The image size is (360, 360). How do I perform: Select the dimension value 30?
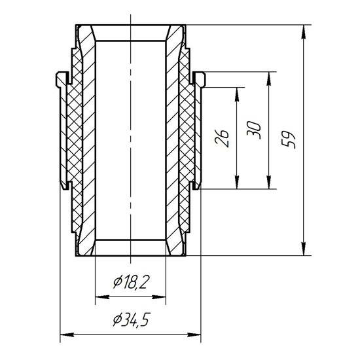(x=255, y=129)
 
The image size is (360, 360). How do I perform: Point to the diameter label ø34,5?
(x=131, y=320)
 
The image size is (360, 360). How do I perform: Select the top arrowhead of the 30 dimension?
(x=269, y=76)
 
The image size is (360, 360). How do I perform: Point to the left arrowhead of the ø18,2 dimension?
(x=99, y=295)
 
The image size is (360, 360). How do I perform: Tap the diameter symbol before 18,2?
(x=118, y=282)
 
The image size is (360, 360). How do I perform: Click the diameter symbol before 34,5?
(x=117, y=320)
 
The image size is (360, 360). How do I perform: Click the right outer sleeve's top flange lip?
(x=200, y=78)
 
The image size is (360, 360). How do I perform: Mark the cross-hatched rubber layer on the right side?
(x=187, y=131)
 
